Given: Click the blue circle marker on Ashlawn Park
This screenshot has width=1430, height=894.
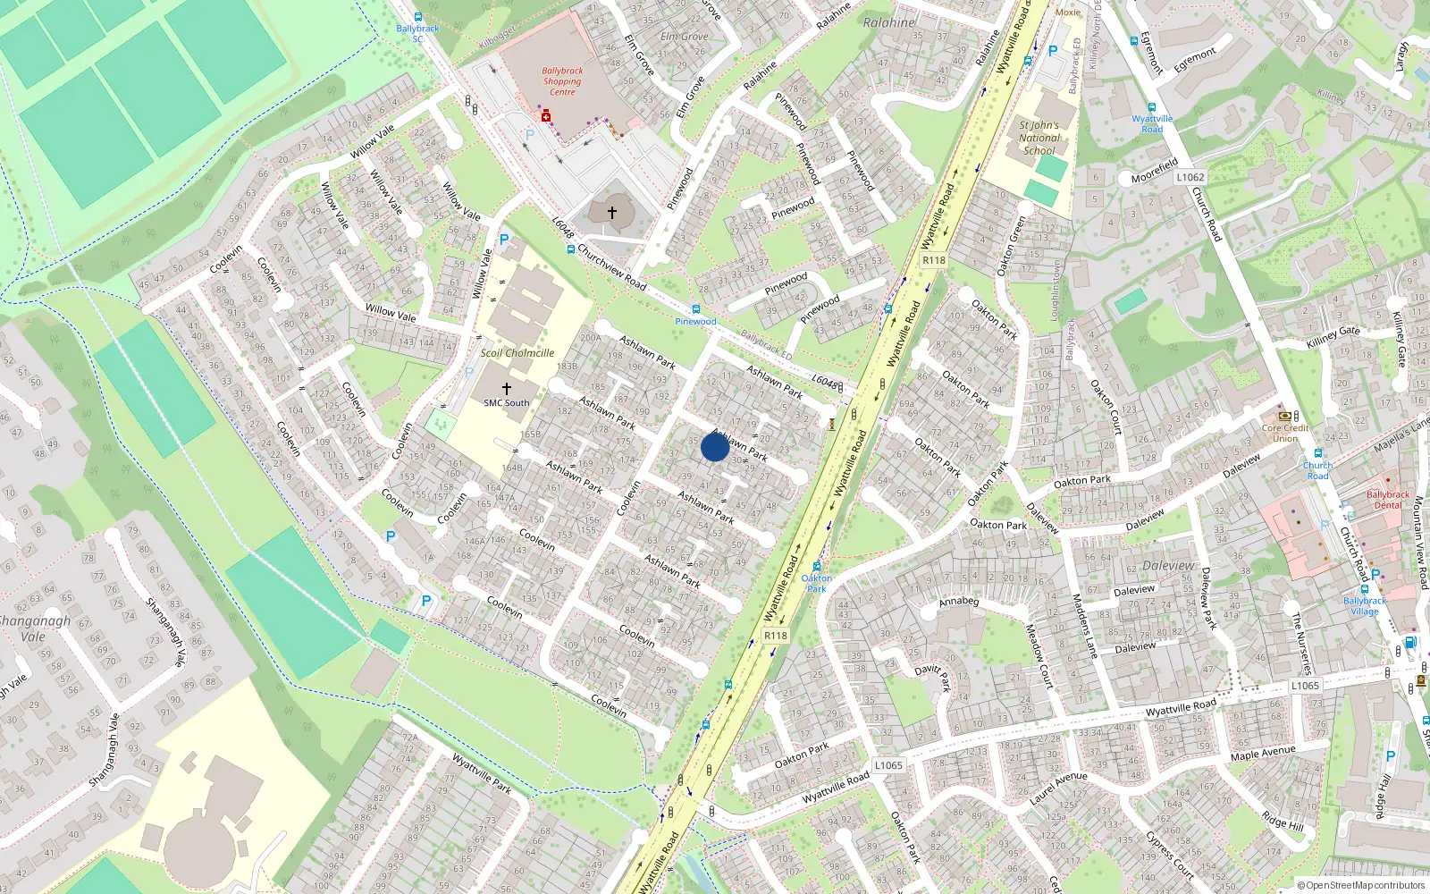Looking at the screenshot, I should coord(714,446).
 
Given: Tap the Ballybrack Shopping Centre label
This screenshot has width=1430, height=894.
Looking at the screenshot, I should coord(562,81).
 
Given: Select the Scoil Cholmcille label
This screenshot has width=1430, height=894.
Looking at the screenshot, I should coord(517,353).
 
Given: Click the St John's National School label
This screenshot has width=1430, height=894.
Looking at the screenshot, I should coord(1039,138).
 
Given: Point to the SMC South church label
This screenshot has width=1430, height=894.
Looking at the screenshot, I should coord(506,403).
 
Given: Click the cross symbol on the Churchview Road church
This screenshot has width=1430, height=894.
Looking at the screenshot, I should coord(612,213).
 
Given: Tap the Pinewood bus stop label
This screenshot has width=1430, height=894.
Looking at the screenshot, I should coord(695,321).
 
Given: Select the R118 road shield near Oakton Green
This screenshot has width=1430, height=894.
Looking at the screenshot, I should coord(933,260).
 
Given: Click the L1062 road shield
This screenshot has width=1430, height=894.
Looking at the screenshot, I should coord(1190,177).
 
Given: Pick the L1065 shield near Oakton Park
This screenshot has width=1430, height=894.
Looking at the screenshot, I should coord(888,765).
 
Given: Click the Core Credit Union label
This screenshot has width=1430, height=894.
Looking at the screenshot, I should coord(1285,433).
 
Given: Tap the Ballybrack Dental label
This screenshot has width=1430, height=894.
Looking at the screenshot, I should coord(1387,500).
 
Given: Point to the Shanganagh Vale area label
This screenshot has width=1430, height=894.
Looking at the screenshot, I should coord(34,628).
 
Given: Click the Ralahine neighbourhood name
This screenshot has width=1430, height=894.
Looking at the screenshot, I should coord(888,22).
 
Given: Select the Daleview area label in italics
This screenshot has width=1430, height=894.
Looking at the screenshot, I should coord(1168,566).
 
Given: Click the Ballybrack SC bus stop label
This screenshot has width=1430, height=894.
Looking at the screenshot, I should coord(417,33).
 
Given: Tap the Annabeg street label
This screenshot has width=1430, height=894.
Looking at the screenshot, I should coord(958,602).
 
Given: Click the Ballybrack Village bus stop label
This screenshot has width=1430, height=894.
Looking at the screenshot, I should coord(1365,606).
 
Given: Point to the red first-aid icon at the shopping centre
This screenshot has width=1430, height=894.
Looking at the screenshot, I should coord(545,116).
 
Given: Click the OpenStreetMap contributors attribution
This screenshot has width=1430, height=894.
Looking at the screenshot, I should coord(1360,885).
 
